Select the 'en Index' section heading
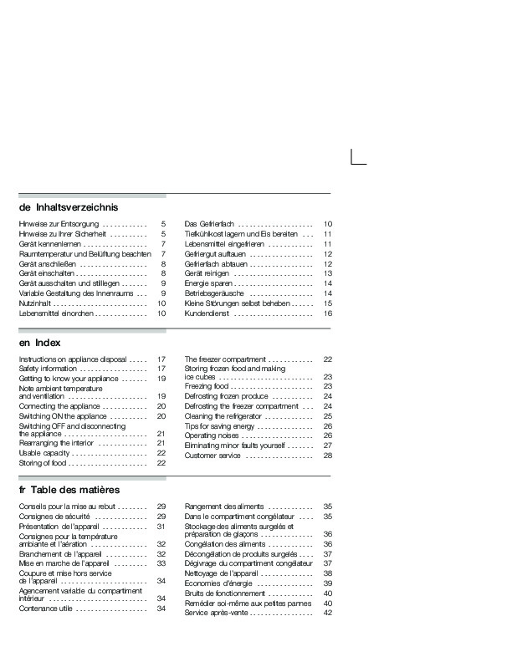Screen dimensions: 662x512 pyautogui.click(x=39, y=343)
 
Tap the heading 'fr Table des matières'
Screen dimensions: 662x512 pyautogui.click(x=69, y=489)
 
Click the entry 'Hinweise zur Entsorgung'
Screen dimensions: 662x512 pyautogui.click(x=59, y=225)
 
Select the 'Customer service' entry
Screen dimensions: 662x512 pyautogui.click(x=214, y=456)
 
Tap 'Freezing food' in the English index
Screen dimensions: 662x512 pyautogui.click(x=207, y=387)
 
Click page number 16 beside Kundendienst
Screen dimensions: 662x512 pyautogui.click(x=329, y=313)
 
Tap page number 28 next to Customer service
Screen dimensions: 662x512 pyautogui.click(x=329, y=456)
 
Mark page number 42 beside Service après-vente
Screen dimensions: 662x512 pyautogui.click(x=328, y=613)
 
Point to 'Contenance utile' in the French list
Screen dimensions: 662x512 pyautogui.click(x=49, y=609)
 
